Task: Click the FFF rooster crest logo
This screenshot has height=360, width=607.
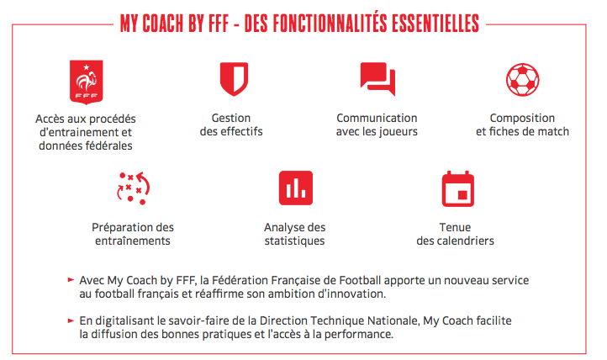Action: pyautogui.click(x=86, y=82)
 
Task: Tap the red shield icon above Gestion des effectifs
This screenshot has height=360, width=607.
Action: pyautogui.click(x=234, y=79)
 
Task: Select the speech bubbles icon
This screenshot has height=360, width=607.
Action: pyautogui.click(x=377, y=78)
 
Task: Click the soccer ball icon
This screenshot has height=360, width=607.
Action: pyautogui.click(x=523, y=80)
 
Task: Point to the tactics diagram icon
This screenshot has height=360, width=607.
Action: pyautogui.click(x=133, y=188)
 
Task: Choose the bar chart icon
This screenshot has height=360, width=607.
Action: pyautogui.click(x=296, y=188)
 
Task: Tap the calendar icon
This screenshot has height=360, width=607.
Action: pyautogui.click(x=458, y=189)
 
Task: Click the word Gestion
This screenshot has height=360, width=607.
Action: pyautogui.click(x=231, y=118)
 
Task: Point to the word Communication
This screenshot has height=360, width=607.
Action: pyautogui.click(x=377, y=118)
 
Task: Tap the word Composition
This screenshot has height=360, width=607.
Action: pyautogui.click(x=522, y=118)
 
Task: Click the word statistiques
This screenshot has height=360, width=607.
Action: pyautogui.click(x=294, y=241)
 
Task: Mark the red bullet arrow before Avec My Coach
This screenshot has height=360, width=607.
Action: pyautogui.click(x=71, y=279)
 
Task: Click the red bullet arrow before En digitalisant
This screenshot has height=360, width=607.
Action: pyautogui.click(x=71, y=320)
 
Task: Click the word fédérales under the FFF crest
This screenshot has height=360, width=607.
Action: pyautogui.click(x=109, y=146)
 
